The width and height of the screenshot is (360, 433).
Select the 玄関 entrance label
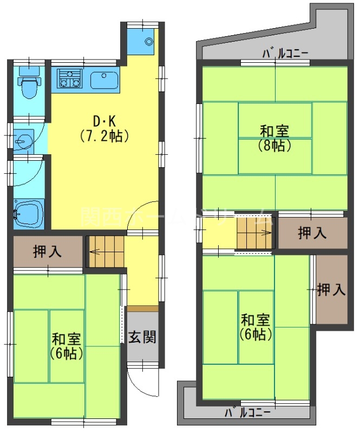click(143, 337)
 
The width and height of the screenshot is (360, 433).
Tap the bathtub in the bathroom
click(27, 214)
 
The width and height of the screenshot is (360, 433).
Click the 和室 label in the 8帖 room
click(274, 131)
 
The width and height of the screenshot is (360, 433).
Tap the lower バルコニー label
click(247, 413)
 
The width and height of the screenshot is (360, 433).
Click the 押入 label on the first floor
click(47, 251)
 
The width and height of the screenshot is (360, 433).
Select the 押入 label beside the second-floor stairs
click(312, 233)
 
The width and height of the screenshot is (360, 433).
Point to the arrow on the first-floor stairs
click(93, 251)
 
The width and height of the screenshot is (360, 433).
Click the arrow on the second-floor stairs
click(266, 233)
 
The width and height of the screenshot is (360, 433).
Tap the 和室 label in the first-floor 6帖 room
click(67, 339)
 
